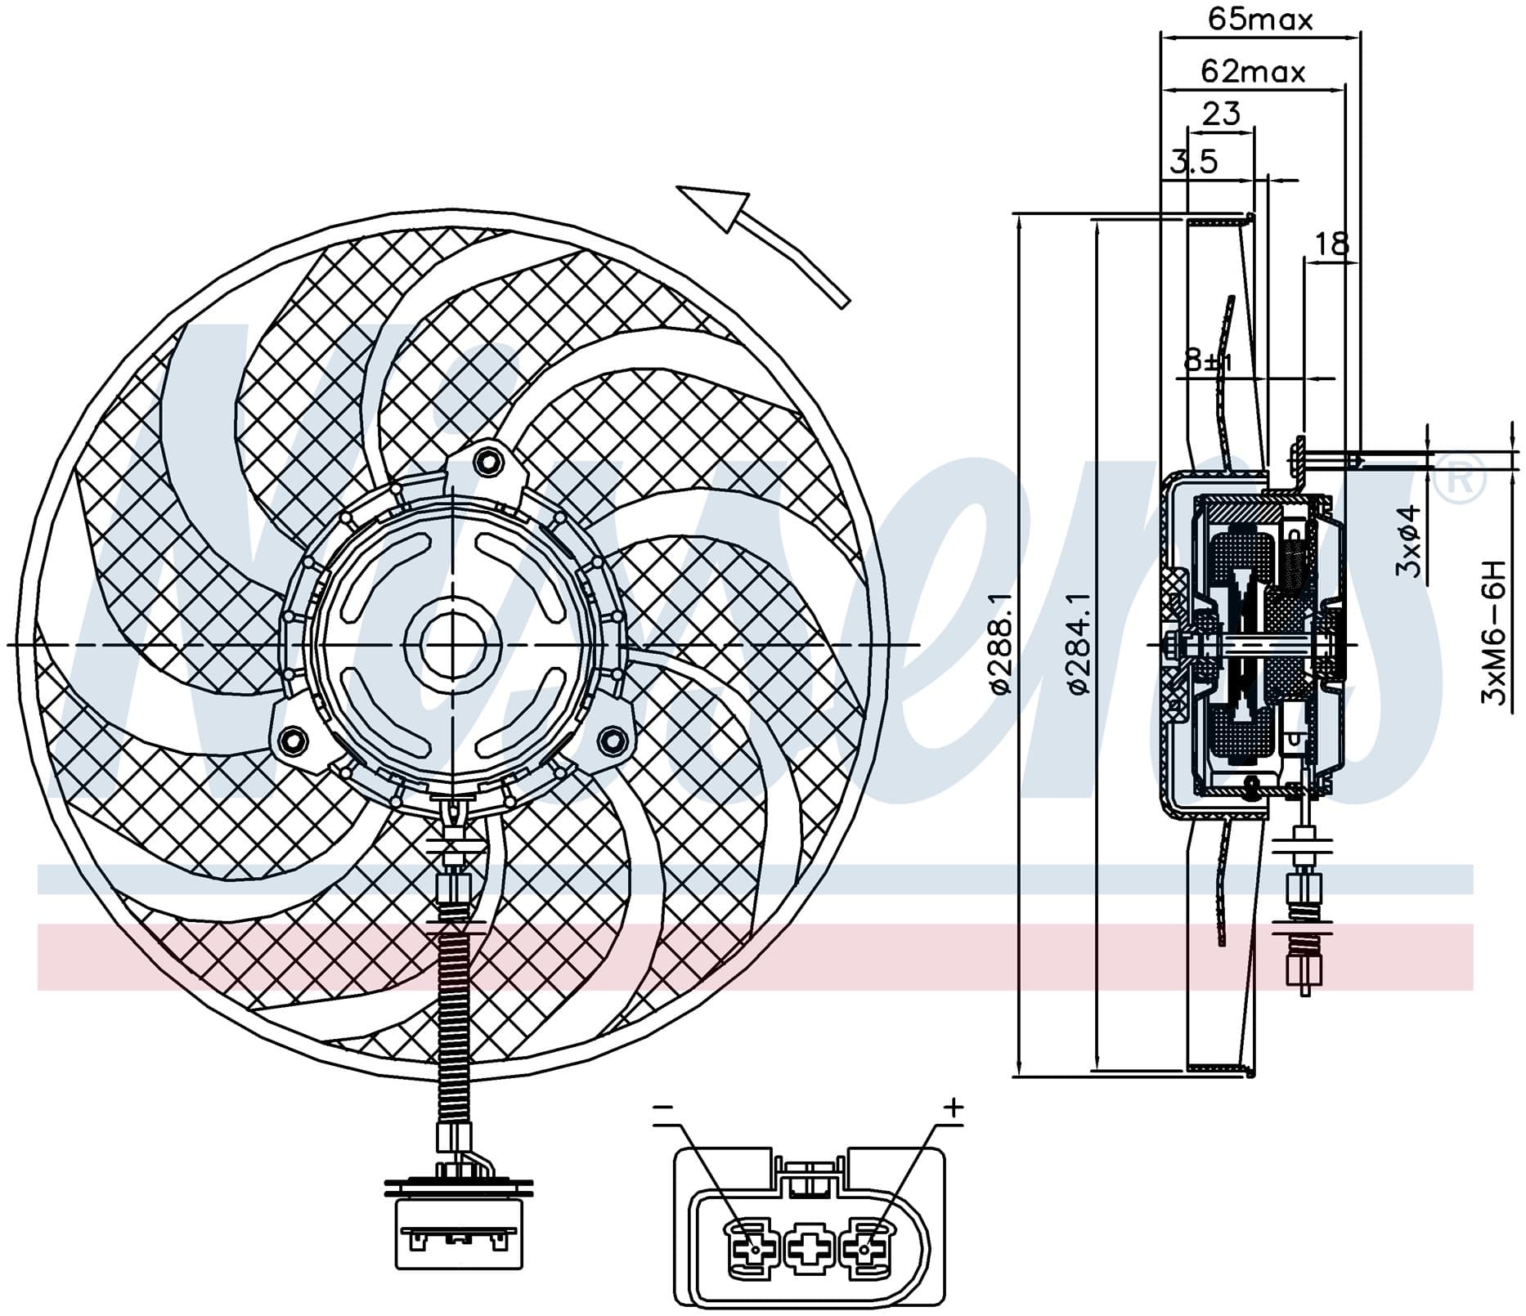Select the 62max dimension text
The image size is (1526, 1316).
pyautogui.click(x=1253, y=72)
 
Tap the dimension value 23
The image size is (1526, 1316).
pyautogui.click(x=1221, y=113)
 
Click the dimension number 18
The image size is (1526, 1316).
pyautogui.click(x=1331, y=244)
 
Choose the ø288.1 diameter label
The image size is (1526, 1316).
pyautogui.click(x=1001, y=644)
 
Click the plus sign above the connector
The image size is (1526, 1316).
pyautogui.click(x=954, y=1108)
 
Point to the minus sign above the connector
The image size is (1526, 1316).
pyautogui.click(x=663, y=1108)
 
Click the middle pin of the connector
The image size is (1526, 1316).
pyautogui.click(x=809, y=1247)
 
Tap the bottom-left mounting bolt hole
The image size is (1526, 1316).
pyautogui.click(x=290, y=741)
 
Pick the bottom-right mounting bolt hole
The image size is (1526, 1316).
pyautogui.click(x=609, y=741)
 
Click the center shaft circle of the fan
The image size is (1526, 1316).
pyautogui.click(x=451, y=645)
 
